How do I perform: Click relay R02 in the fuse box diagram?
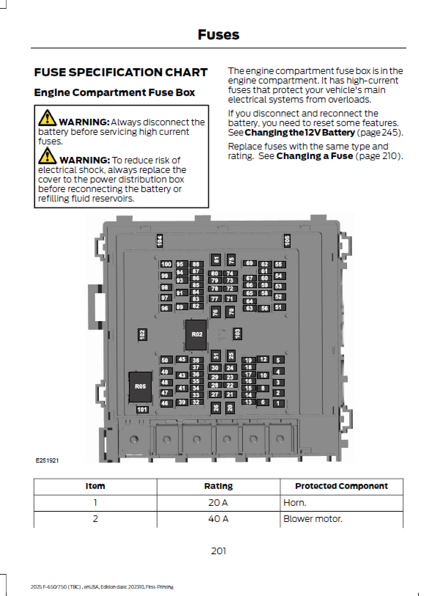click(x=196, y=334)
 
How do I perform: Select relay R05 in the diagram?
click(x=140, y=386)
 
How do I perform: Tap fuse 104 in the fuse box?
click(x=159, y=241)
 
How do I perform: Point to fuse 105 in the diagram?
click(x=287, y=240)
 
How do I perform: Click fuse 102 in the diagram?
click(x=142, y=334)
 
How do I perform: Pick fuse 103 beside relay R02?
click(x=237, y=334)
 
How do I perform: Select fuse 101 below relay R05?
click(x=142, y=409)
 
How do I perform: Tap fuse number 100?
click(x=166, y=264)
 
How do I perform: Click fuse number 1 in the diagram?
click(x=278, y=403)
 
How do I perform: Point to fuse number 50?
click(x=165, y=360)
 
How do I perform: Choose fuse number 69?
click(x=250, y=263)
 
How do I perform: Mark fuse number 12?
click(x=263, y=359)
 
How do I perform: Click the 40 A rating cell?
click(x=218, y=519)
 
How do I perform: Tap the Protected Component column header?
click(x=341, y=486)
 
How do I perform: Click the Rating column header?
click(x=218, y=486)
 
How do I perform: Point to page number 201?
click(x=218, y=551)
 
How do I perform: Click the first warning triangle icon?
click(x=47, y=117)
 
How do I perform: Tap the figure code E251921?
click(x=47, y=460)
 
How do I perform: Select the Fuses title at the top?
click(x=218, y=35)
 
